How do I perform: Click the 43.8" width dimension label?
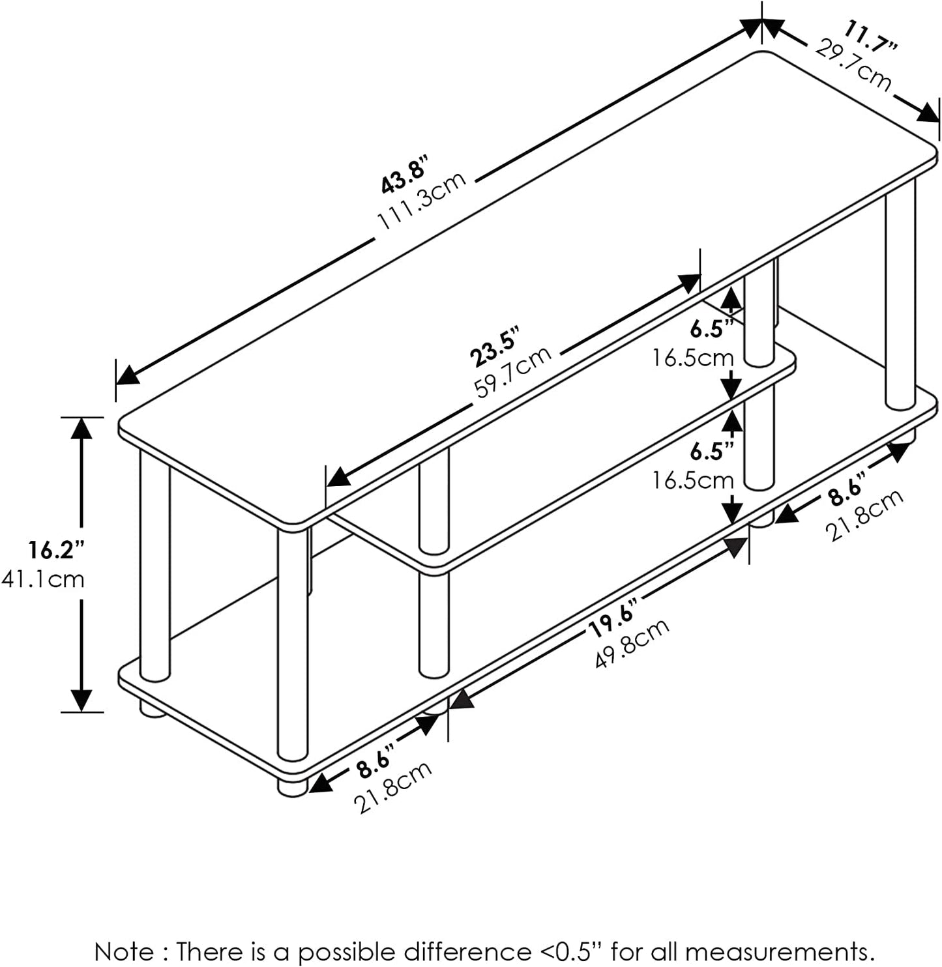tap(403, 175)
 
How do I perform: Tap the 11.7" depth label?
tap(871, 38)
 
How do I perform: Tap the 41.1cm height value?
tap(43, 579)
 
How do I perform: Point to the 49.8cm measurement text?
tap(632, 643)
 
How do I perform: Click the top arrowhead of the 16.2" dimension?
tap(81, 427)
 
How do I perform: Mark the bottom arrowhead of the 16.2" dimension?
tap(81, 700)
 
